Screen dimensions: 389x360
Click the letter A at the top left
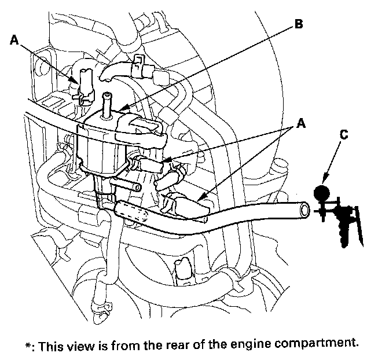pyautogui.click(x=14, y=40)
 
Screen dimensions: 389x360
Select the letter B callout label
pyautogui.click(x=299, y=24)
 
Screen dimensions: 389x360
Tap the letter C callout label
pyautogui.click(x=344, y=134)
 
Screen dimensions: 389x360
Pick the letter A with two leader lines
pyautogui.click(x=301, y=123)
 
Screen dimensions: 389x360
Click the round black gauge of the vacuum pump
pyautogui.click(x=322, y=193)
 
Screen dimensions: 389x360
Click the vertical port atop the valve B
pyautogui.click(x=107, y=105)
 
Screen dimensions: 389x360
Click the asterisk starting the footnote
pyautogui.click(x=28, y=345)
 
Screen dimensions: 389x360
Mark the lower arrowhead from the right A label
pyautogui.click(x=200, y=199)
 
